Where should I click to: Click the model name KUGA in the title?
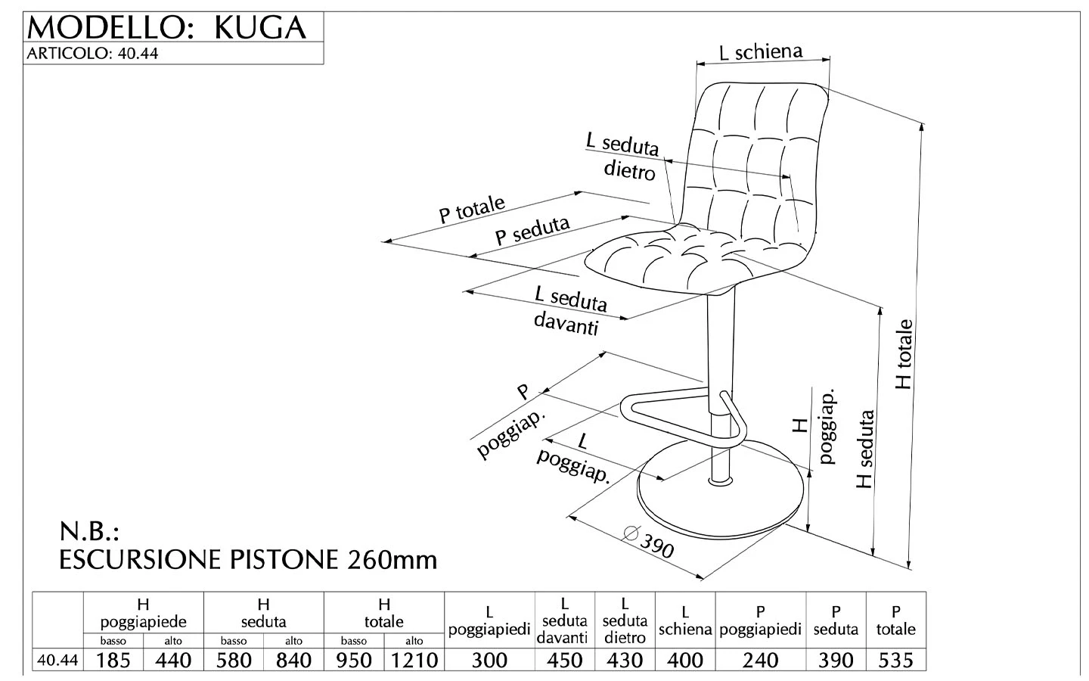(260, 27)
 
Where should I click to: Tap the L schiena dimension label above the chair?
(760, 51)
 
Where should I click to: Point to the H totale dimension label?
(904, 354)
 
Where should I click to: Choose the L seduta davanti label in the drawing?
(569, 309)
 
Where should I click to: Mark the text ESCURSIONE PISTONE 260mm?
(248, 560)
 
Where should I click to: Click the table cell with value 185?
(113, 660)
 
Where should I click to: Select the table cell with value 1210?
(414, 660)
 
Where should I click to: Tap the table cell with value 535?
(895, 660)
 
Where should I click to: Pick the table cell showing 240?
(760, 660)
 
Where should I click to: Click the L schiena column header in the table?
(685, 620)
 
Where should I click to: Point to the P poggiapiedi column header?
(760, 620)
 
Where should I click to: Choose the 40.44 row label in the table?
(57, 660)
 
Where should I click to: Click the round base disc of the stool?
(715, 503)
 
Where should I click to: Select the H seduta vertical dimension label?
(865, 449)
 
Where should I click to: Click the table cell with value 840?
(293, 660)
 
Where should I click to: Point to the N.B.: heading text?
(90, 530)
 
